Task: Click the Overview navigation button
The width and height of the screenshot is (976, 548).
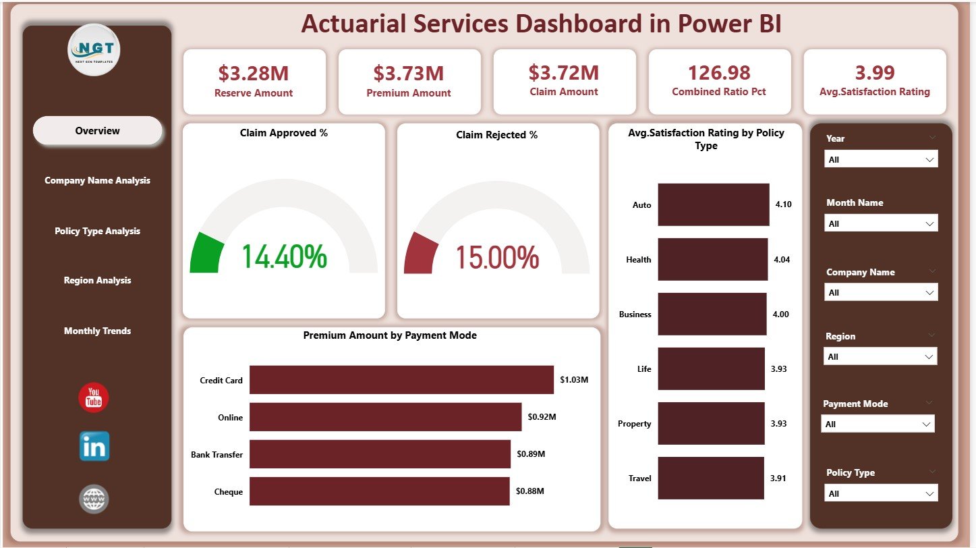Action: tap(98, 131)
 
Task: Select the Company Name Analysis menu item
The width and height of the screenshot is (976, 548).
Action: tap(98, 181)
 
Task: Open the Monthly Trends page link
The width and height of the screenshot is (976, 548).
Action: tap(98, 331)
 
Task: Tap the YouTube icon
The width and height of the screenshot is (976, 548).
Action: tap(94, 398)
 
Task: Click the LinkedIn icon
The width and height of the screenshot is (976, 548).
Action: tap(94, 447)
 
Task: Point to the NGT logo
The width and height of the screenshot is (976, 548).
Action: tap(94, 50)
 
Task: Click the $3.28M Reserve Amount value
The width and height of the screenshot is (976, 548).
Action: tap(254, 72)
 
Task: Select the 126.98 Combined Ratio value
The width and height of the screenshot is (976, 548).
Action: tap(719, 72)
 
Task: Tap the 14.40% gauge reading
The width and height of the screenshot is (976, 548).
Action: tap(284, 257)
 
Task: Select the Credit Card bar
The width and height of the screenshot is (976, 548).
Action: tap(401, 380)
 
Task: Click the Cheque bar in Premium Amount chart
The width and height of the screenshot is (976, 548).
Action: tap(379, 491)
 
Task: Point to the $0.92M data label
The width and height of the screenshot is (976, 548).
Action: tap(542, 417)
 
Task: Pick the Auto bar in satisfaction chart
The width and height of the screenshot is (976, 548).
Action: tap(713, 204)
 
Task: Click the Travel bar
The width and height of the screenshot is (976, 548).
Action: tap(710, 478)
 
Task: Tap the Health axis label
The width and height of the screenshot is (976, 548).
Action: tap(638, 260)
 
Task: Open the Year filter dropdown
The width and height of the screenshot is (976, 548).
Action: tap(880, 159)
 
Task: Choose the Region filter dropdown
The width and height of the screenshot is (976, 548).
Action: tap(880, 356)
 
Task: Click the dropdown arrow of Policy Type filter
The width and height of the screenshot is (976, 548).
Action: tap(930, 494)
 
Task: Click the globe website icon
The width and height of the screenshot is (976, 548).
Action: tap(94, 499)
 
